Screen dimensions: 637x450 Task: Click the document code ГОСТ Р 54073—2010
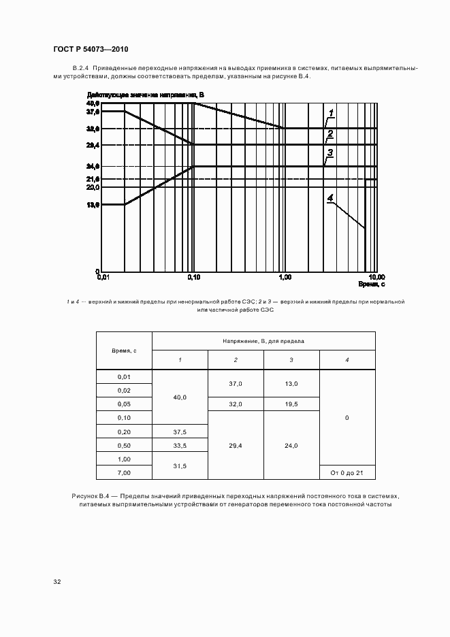91,50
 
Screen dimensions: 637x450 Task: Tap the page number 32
57,582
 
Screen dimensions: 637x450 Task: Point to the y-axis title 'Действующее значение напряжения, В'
145,95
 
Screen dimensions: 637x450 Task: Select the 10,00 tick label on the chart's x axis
376,277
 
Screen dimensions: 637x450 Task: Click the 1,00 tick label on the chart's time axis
285,277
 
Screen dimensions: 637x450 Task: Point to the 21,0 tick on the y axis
93,179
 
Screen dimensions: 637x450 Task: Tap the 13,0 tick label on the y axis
93,204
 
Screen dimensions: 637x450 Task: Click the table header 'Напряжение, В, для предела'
263,340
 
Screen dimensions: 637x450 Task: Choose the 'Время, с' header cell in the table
124,350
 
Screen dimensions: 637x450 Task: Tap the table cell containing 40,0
180,397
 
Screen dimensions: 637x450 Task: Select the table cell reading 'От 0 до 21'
347,472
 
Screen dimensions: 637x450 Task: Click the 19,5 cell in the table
291,404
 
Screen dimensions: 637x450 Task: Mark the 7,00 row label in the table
124,472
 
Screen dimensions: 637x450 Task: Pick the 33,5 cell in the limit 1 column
180,445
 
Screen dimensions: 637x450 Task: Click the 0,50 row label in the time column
124,445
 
